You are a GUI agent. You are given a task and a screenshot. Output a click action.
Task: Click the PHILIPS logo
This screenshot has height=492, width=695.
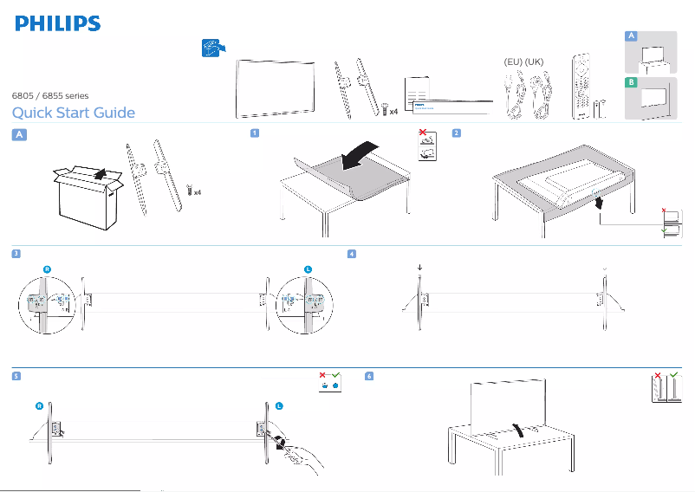(56, 23)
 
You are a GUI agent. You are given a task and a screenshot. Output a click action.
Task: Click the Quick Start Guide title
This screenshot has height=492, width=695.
(73, 113)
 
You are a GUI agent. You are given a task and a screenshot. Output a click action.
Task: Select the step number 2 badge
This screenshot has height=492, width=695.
(456, 133)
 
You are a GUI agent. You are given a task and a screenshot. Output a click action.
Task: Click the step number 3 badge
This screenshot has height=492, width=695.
(16, 254)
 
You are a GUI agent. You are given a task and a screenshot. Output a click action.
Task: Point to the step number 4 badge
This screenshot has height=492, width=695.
(351, 254)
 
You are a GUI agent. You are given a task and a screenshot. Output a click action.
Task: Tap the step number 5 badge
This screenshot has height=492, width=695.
(16, 376)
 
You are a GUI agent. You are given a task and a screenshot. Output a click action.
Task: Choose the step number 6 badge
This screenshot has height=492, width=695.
(370, 376)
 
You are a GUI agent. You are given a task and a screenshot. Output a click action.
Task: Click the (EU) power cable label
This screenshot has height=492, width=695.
(514, 63)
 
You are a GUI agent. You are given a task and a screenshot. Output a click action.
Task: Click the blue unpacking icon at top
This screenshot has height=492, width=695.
(211, 49)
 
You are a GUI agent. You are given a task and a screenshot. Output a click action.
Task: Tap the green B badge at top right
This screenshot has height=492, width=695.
(632, 82)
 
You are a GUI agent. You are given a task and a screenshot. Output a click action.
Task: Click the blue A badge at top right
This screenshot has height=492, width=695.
(632, 36)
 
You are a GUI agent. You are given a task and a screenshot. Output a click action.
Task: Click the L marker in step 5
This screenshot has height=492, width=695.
(279, 406)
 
